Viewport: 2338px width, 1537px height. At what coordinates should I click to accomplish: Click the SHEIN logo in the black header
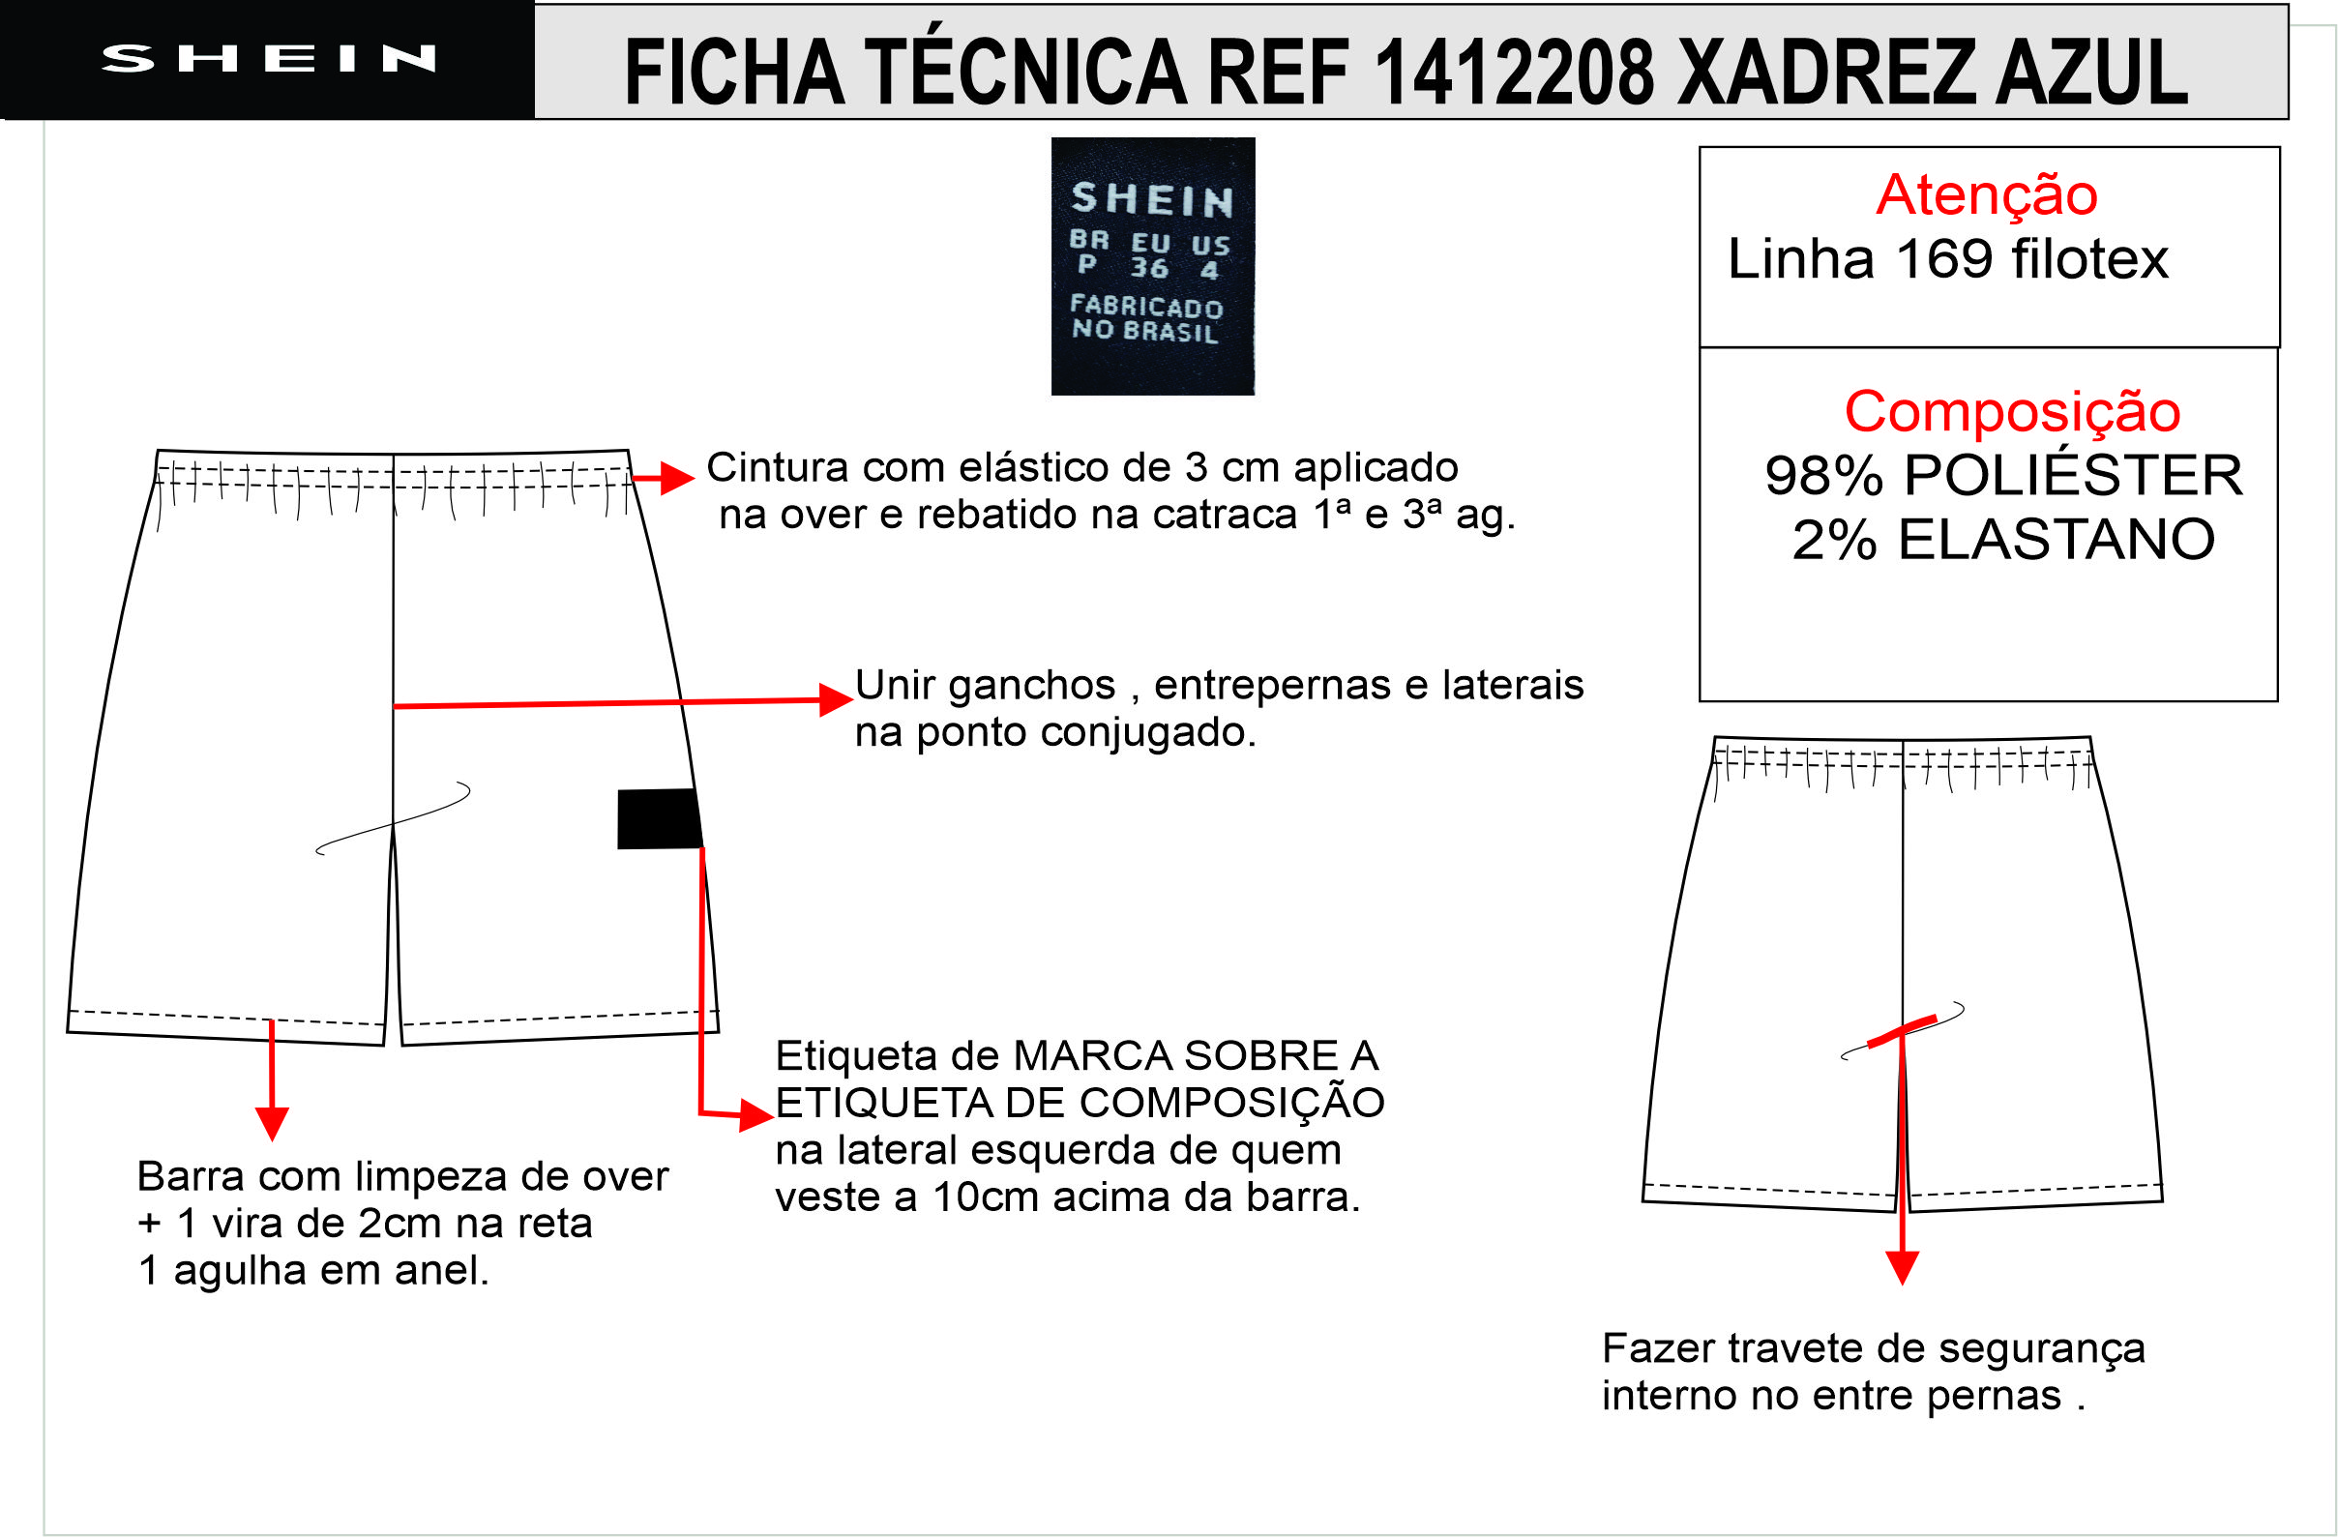click(268, 59)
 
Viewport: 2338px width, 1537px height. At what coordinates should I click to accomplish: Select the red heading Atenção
click(1986, 194)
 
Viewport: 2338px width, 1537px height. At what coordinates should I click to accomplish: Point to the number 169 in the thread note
click(1944, 259)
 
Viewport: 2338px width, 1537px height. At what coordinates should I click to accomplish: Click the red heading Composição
click(2012, 411)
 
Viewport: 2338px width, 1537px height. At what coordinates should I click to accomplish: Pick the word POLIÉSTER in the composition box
click(2074, 475)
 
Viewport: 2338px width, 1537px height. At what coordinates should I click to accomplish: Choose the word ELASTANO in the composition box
click(2057, 539)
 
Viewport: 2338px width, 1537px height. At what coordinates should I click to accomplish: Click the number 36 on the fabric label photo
click(1148, 267)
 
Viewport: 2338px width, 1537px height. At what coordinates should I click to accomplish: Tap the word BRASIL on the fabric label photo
click(1171, 331)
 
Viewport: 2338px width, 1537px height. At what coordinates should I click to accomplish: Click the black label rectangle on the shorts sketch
click(659, 818)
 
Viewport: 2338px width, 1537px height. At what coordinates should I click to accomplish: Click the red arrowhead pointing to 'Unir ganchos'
click(837, 700)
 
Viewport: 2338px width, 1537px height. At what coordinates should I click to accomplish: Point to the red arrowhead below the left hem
click(272, 1124)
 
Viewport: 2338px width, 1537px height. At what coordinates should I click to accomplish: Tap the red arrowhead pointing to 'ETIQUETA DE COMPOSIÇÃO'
click(756, 1115)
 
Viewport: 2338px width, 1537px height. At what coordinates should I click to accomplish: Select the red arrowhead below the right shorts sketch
click(1903, 1268)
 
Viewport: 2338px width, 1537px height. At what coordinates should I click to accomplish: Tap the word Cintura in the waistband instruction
click(776, 467)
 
